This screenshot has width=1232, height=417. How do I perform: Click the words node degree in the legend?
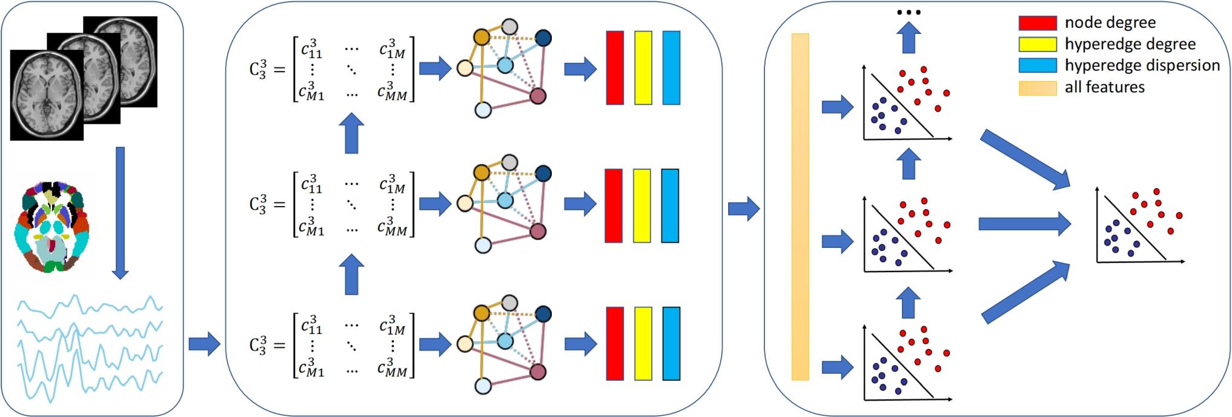(x=1110, y=23)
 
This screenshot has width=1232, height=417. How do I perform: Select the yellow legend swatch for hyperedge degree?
(x=1037, y=44)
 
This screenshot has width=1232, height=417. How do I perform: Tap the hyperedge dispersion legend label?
(x=1142, y=65)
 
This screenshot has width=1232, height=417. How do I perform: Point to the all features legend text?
(x=1104, y=87)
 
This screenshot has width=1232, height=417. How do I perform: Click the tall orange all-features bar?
(x=800, y=207)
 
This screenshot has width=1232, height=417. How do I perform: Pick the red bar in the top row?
(x=615, y=68)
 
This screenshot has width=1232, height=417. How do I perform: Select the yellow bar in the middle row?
(x=642, y=205)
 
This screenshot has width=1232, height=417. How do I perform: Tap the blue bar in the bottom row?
(x=671, y=343)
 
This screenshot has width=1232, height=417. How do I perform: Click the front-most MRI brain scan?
(x=47, y=95)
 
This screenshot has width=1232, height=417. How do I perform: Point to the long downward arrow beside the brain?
(x=120, y=212)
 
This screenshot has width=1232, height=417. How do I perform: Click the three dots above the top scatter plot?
(x=909, y=12)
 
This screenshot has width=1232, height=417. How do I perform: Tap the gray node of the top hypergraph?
(x=510, y=27)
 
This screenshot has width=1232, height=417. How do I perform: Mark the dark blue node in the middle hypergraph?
(x=543, y=174)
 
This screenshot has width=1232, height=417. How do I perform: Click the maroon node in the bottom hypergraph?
(x=538, y=372)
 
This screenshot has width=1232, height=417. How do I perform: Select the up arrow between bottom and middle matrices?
(x=351, y=274)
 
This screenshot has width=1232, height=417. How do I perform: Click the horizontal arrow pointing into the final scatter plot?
(x=1024, y=224)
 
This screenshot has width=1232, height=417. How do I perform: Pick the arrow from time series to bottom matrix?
(x=204, y=344)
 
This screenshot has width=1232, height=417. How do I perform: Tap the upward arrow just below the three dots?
(x=908, y=38)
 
